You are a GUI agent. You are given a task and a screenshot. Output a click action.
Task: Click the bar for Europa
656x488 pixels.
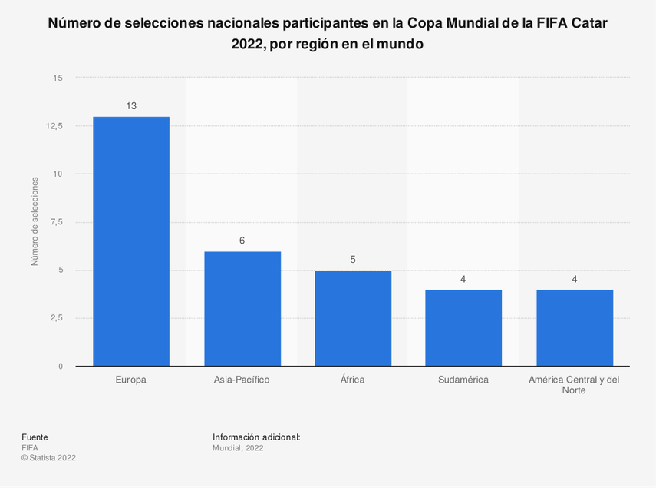131,241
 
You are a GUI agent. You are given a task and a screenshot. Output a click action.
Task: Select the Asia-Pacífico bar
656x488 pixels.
242,309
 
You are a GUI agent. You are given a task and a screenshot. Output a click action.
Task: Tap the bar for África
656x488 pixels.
353,318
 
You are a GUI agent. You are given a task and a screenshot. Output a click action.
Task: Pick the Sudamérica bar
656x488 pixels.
463,328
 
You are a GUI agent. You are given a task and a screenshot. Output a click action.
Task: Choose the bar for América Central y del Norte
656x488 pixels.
574,328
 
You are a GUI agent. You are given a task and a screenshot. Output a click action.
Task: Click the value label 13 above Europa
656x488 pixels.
131,106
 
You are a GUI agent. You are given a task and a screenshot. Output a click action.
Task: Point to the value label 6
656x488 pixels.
242,241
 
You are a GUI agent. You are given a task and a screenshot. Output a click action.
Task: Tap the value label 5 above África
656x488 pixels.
353,260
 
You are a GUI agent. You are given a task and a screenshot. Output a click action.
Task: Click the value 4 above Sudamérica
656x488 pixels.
463,279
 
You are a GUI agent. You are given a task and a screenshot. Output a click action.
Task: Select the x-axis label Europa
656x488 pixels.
131,380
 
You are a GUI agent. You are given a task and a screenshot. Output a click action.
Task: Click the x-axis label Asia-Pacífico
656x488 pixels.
242,380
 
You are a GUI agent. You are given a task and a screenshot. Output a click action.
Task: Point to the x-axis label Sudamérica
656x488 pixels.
463,380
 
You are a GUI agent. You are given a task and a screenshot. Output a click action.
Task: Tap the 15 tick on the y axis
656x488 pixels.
58,78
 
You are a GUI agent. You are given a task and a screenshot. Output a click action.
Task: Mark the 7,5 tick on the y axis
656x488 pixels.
56,222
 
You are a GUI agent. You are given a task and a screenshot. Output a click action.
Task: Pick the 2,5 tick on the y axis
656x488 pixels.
56,318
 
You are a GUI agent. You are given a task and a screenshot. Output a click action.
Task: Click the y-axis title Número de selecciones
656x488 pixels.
35,221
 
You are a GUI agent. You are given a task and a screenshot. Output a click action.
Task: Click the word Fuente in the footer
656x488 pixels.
35,437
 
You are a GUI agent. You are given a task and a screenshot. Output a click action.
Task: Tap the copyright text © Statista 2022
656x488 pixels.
48,458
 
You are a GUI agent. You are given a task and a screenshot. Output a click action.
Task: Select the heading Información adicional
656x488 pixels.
256,437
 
